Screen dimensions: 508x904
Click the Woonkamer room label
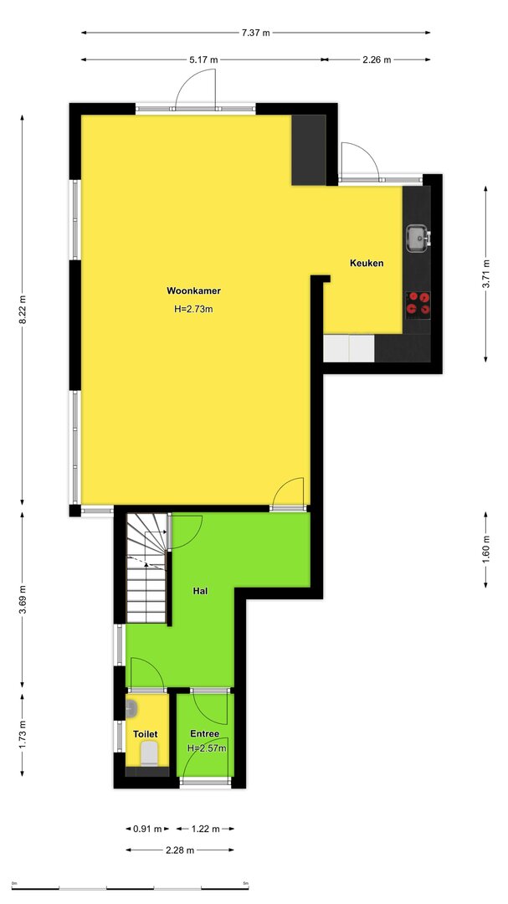pyautogui.click(x=194, y=290)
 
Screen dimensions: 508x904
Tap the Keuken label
pyautogui.click(x=367, y=263)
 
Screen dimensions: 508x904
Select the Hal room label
pyautogui.click(x=201, y=591)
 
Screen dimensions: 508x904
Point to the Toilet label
pyautogui.click(x=146, y=735)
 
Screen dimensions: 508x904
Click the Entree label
pyautogui.click(x=205, y=734)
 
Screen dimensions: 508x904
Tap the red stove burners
pyautogui.click(x=418, y=303)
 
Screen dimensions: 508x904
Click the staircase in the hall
pyautogui.click(x=147, y=568)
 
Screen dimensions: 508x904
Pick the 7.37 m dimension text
pyautogui.click(x=255, y=33)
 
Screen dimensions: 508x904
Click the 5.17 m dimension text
pyautogui.click(x=204, y=59)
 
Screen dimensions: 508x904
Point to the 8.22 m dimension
pyautogui.click(x=23, y=310)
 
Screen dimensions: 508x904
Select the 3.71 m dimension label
pyautogui.click(x=486, y=275)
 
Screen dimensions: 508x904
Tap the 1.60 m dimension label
pyautogui.click(x=486, y=550)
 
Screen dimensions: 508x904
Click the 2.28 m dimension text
pyautogui.click(x=180, y=850)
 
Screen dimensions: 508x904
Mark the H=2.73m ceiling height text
pyautogui.click(x=194, y=309)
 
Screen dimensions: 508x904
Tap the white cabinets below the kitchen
pyautogui.click(x=349, y=348)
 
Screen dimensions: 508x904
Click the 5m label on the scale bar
pyautogui.click(x=246, y=883)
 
